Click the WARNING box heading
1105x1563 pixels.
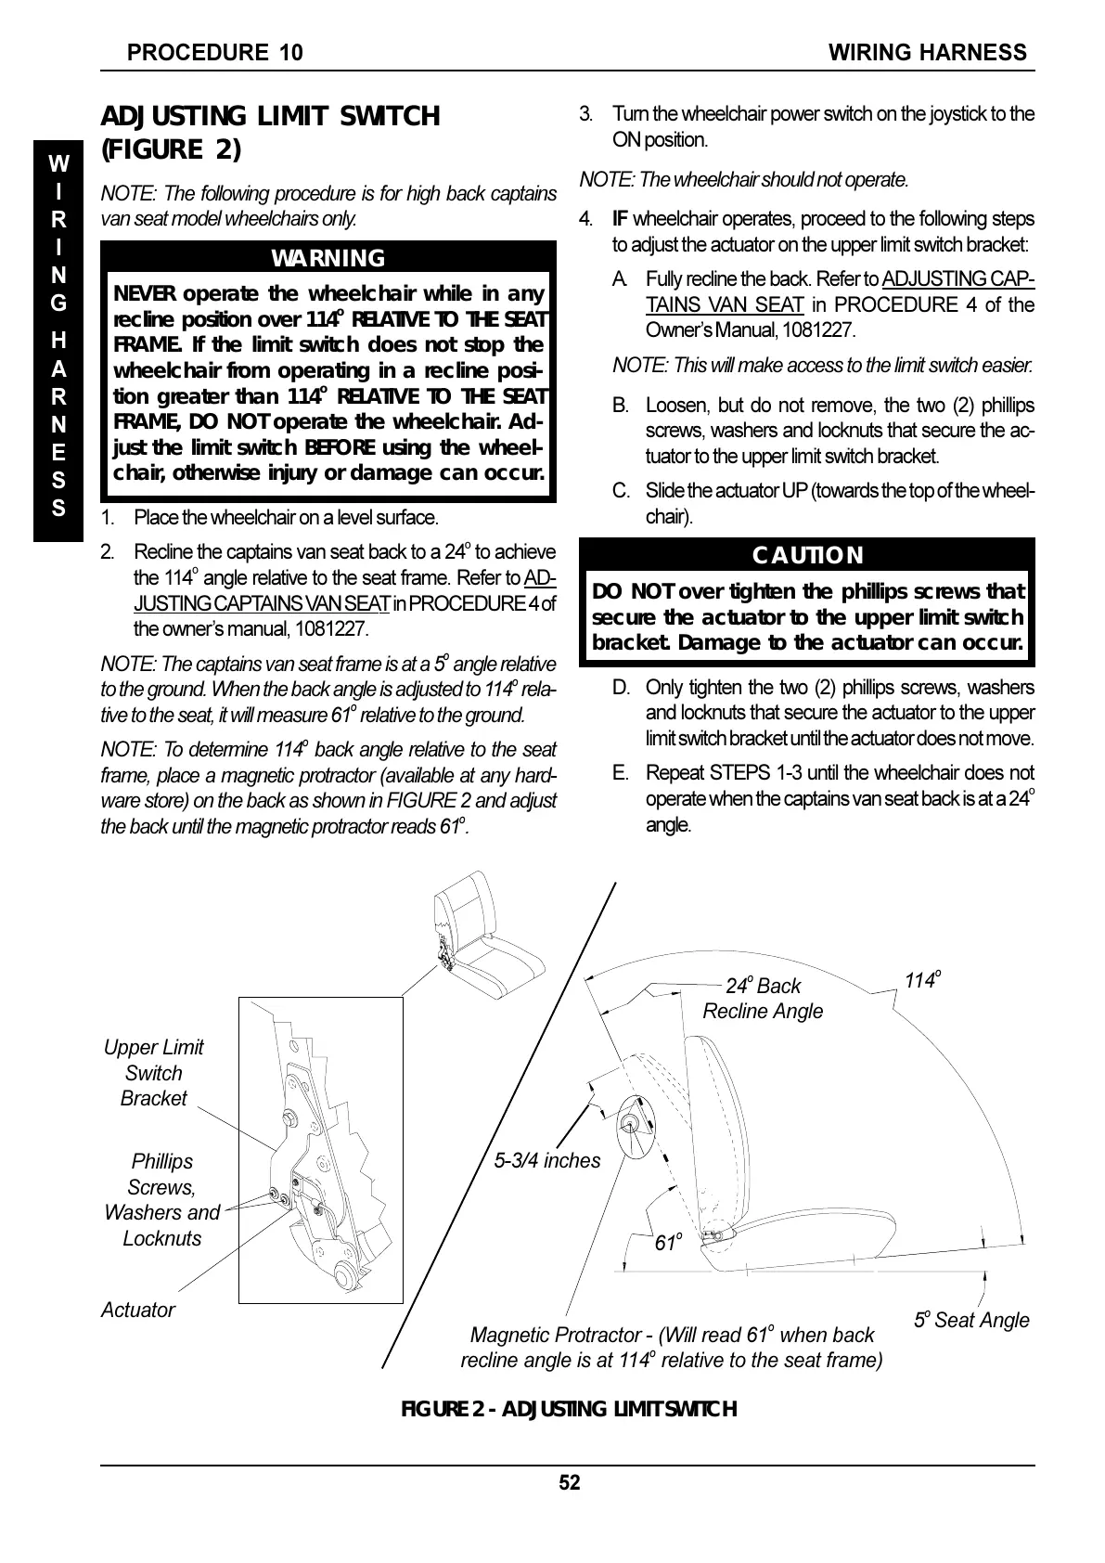tap(328, 258)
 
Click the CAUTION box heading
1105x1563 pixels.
tap(806, 555)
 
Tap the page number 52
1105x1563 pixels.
tap(569, 1482)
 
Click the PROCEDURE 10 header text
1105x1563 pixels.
tap(214, 53)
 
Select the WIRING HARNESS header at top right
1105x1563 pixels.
tap(927, 53)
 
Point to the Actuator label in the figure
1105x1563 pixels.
tap(137, 1310)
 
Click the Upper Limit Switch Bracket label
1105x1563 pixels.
tap(153, 1073)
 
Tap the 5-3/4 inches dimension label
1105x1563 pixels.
tap(546, 1160)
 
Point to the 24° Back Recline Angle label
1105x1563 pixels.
tap(763, 999)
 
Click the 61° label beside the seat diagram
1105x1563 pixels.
tap(668, 1242)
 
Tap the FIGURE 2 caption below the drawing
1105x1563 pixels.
tap(568, 1409)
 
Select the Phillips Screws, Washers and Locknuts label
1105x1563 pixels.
tap(162, 1199)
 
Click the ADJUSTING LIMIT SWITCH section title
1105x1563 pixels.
tap(269, 131)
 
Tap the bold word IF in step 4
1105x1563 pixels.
tap(620, 219)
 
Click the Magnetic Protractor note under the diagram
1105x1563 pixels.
tap(671, 1348)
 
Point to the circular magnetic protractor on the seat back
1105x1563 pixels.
tap(635, 1127)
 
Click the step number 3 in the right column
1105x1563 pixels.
tap(585, 114)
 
